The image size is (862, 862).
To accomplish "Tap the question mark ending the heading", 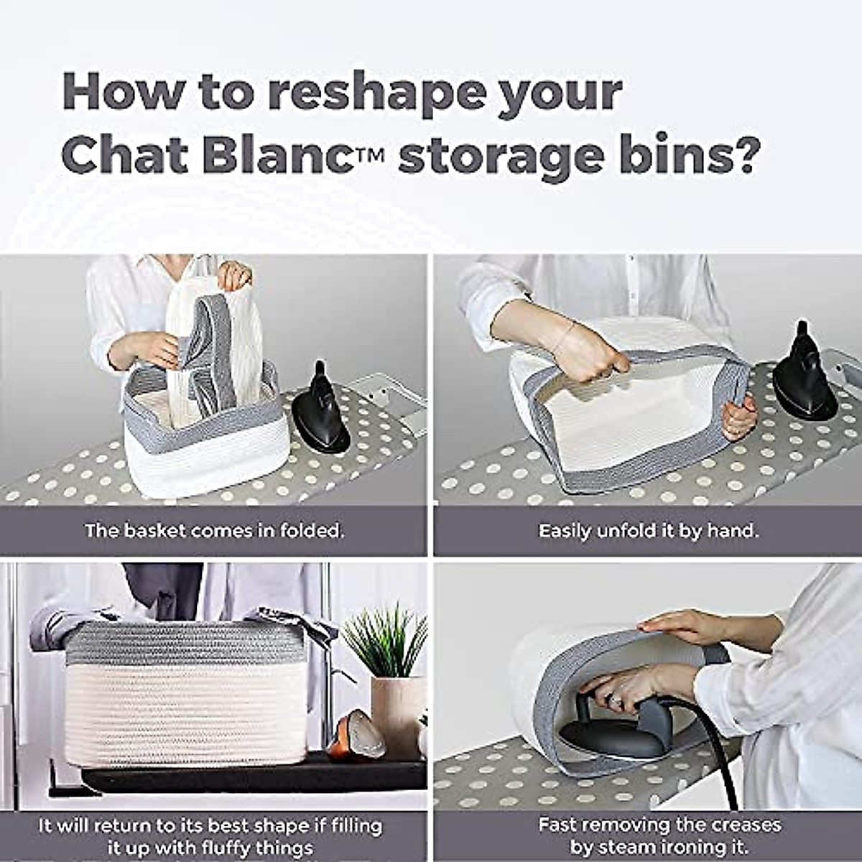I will (x=741, y=155).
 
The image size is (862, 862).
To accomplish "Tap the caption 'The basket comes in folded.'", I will (x=214, y=531).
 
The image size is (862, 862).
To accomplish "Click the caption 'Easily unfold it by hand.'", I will (x=648, y=531).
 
